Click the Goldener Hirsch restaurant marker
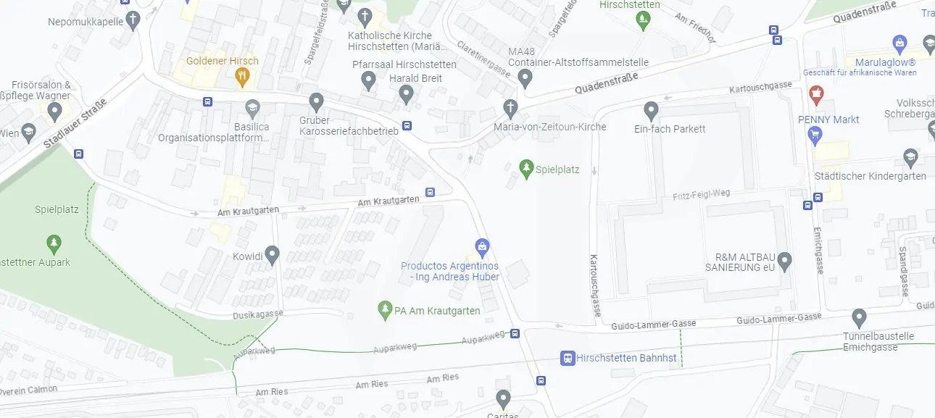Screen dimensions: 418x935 click(243, 75)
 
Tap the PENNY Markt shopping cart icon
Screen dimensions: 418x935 click(815, 134)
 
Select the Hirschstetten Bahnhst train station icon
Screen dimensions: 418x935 click(568, 358)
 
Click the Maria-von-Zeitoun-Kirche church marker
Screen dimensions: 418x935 click(511, 109)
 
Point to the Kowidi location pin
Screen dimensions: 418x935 click(272, 254)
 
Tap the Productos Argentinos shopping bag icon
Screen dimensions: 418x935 click(482, 246)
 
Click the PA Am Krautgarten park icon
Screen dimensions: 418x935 click(385, 311)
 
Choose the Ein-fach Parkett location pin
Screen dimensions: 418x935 click(651, 111)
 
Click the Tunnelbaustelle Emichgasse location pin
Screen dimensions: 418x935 click(859, 317)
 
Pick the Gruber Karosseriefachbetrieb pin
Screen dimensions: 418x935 click(316, 102)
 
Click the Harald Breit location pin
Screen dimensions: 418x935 click(407, 93)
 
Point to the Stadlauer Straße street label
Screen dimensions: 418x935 click(75, 124)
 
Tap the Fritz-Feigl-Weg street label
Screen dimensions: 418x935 click(701, 194)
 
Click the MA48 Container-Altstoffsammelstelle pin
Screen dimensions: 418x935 click(525, 78)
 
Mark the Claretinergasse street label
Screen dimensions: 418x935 click(483, 57)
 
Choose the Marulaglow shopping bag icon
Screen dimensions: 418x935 click(900, 43)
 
